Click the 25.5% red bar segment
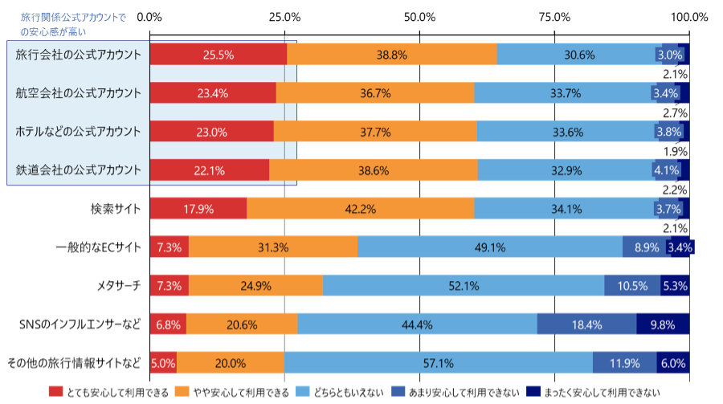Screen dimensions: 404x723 click(218, 55)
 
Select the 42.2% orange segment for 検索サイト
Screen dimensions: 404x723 click(360, 209)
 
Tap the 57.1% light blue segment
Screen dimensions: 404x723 click(439, 363)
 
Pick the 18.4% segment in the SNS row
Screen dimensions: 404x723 click(586, 324)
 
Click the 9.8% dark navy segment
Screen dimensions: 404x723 click(663, 324)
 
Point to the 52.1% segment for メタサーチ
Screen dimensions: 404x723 click(464, 286)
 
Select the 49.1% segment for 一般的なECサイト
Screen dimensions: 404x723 click(490, 247)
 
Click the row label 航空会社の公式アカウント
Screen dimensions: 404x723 click(79, 93)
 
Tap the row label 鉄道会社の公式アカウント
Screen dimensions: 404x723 click(79, 170)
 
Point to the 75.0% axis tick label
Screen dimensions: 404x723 click(554, 16)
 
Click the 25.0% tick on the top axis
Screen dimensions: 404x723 click(284, 16)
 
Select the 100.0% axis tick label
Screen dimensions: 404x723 click(688, 16)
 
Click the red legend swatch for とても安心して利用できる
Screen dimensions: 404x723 click(55, 392)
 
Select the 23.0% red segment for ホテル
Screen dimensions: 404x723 click(211, 132)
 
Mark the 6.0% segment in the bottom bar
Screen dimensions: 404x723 click(672, 363)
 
